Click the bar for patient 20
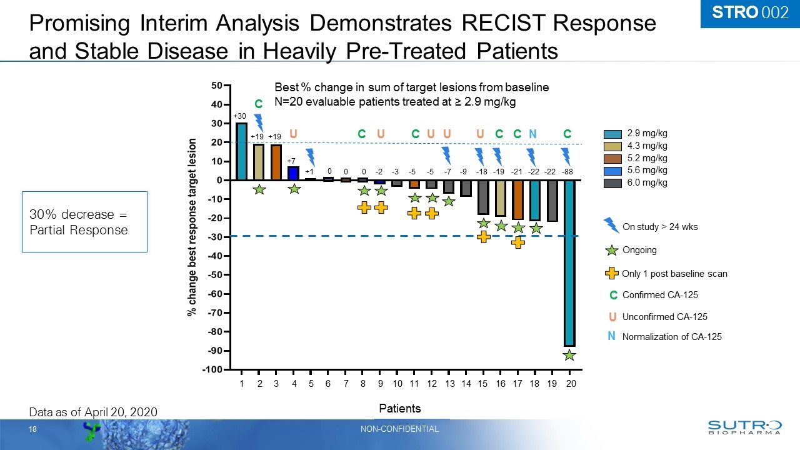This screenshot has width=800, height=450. pos(569,262)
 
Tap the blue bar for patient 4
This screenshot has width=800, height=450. pos(293,173)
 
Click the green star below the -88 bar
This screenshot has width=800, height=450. pos(569,355)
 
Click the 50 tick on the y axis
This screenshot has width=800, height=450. pos(215,85)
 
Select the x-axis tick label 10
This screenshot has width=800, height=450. pos(397,384)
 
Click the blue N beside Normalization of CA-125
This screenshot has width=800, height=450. pos(612,336)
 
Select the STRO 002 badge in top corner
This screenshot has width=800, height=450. pos(749,13)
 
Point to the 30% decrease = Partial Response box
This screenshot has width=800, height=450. pos(84,222)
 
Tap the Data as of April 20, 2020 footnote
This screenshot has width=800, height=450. pos(94,411)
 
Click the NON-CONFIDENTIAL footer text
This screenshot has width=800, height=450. pos(400,429)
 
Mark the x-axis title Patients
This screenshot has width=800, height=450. pos(400,408)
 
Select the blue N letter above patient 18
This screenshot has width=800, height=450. pos(532,134)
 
